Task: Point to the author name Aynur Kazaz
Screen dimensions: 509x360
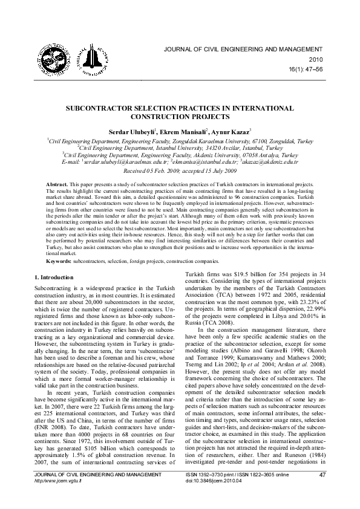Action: [x=233, y=131]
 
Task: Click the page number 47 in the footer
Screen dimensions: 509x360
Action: [x=321, y=494]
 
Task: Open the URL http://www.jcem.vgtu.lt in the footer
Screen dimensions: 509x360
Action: [x=59, y=499]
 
